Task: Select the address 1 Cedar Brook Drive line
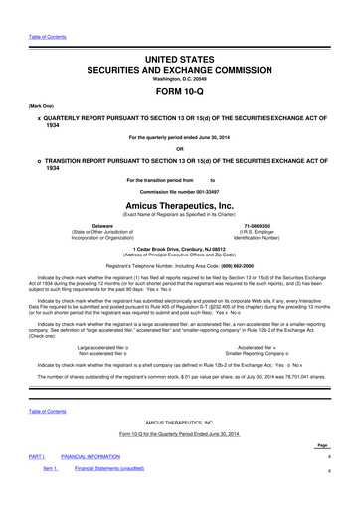180,248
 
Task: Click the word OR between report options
180,150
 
